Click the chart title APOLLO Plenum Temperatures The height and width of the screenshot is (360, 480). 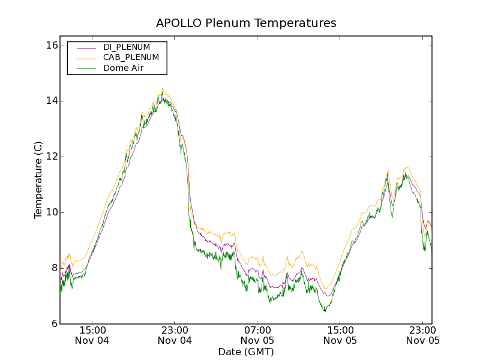246,23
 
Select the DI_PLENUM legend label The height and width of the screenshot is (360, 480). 127,47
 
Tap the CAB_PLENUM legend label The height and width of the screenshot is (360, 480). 131,58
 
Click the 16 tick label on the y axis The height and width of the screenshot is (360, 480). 51,46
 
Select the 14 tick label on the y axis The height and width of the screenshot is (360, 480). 51,101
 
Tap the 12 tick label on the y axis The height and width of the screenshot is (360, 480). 51,157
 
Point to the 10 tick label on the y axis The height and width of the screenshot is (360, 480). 51,212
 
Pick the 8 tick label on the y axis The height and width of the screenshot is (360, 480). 53,268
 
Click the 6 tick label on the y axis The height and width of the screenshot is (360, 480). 53,324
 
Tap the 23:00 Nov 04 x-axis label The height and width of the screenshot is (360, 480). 175,335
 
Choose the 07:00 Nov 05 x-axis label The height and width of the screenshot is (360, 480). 257,335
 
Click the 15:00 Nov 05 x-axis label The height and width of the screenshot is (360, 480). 340,335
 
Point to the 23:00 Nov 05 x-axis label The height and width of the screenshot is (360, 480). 423,335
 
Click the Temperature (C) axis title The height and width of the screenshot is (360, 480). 38,180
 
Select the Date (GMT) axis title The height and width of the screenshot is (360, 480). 246,352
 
